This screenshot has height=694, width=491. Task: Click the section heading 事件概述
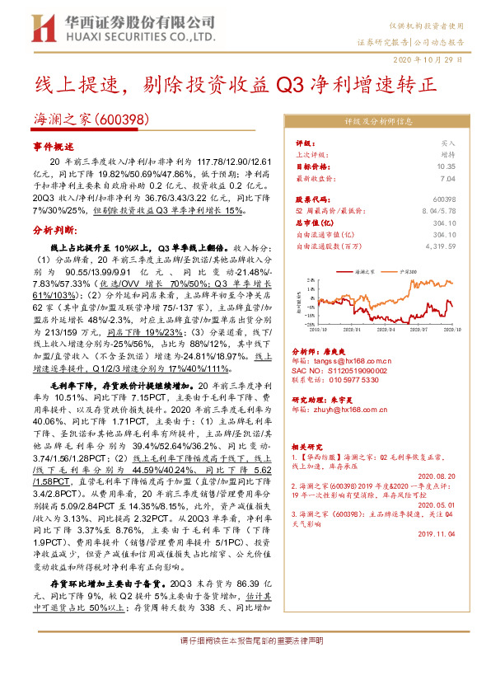(x=53, y=145)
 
